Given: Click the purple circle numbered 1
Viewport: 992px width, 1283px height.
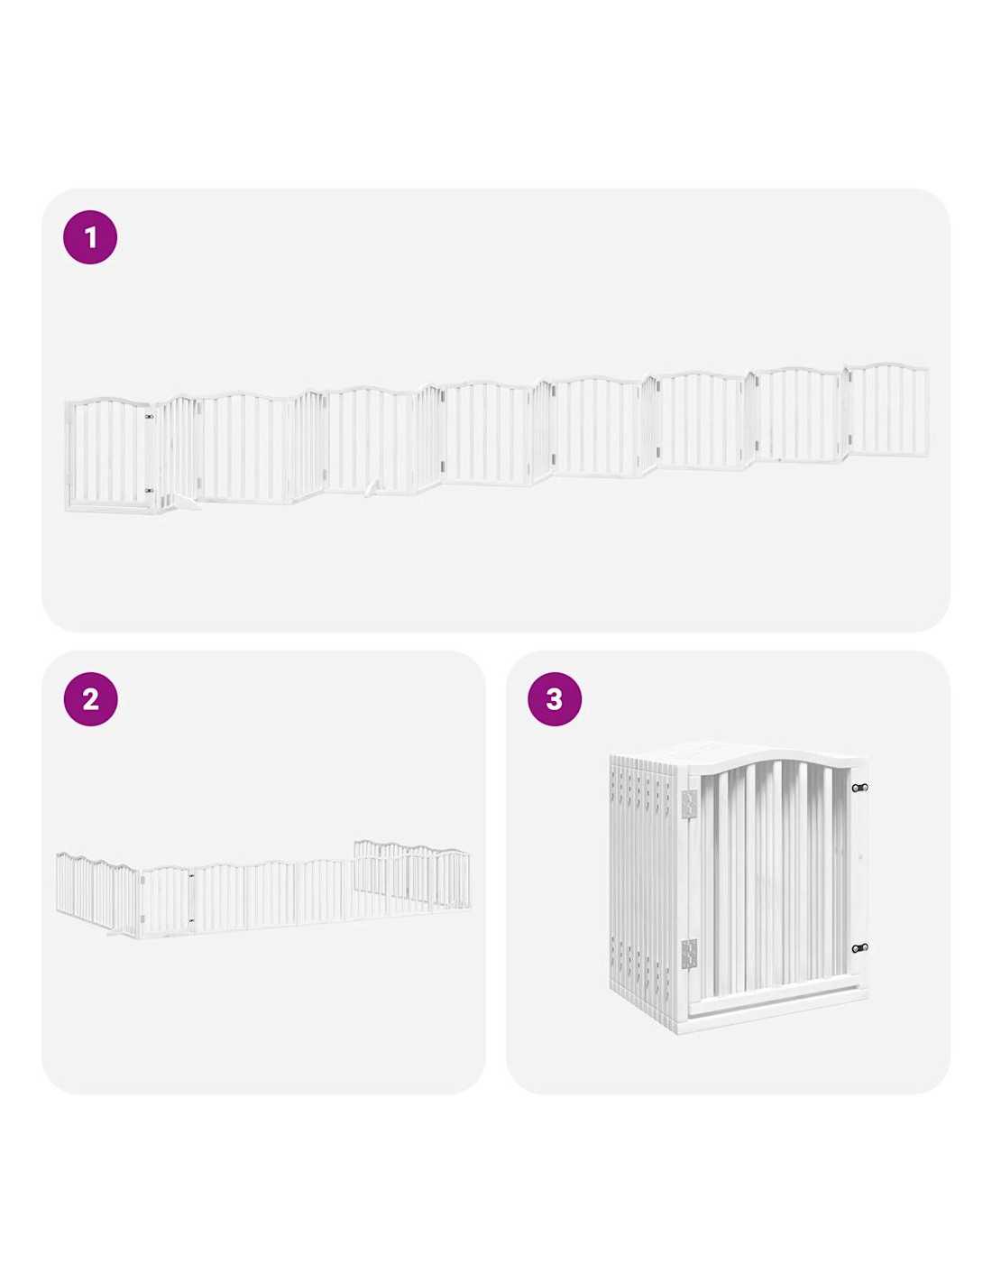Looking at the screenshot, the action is pyautogui.click(x=90, y=237).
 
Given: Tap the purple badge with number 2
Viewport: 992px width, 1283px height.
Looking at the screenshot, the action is pyautogui.click(x=90, y=699).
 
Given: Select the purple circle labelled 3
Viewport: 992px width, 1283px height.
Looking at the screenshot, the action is pyautogui.click(x=555, y=699).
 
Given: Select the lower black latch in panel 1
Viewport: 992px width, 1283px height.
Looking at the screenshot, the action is pyautogui.click(x=150, y=490).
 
